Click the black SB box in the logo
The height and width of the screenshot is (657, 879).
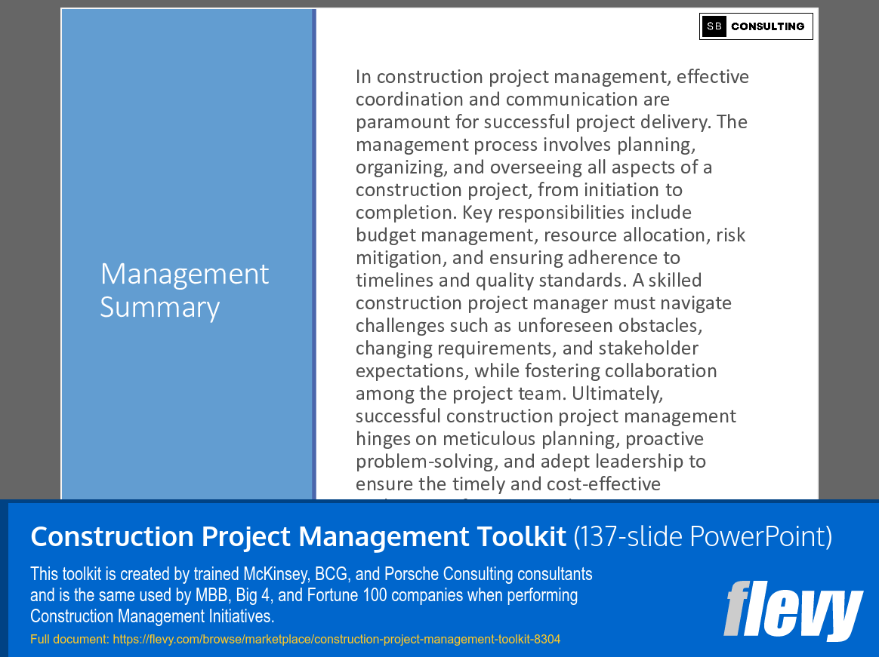pyautogui.click(x=714, y=26)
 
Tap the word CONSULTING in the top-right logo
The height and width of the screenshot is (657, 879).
pyautogui.click(x=767, y=26)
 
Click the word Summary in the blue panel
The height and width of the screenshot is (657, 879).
pyautogui.click(x=160, y=307)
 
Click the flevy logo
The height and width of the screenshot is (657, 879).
pyautogui.click(x=793, y=609)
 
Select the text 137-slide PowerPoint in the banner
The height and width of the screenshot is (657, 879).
pyautogui.click(x=702, y=537)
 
